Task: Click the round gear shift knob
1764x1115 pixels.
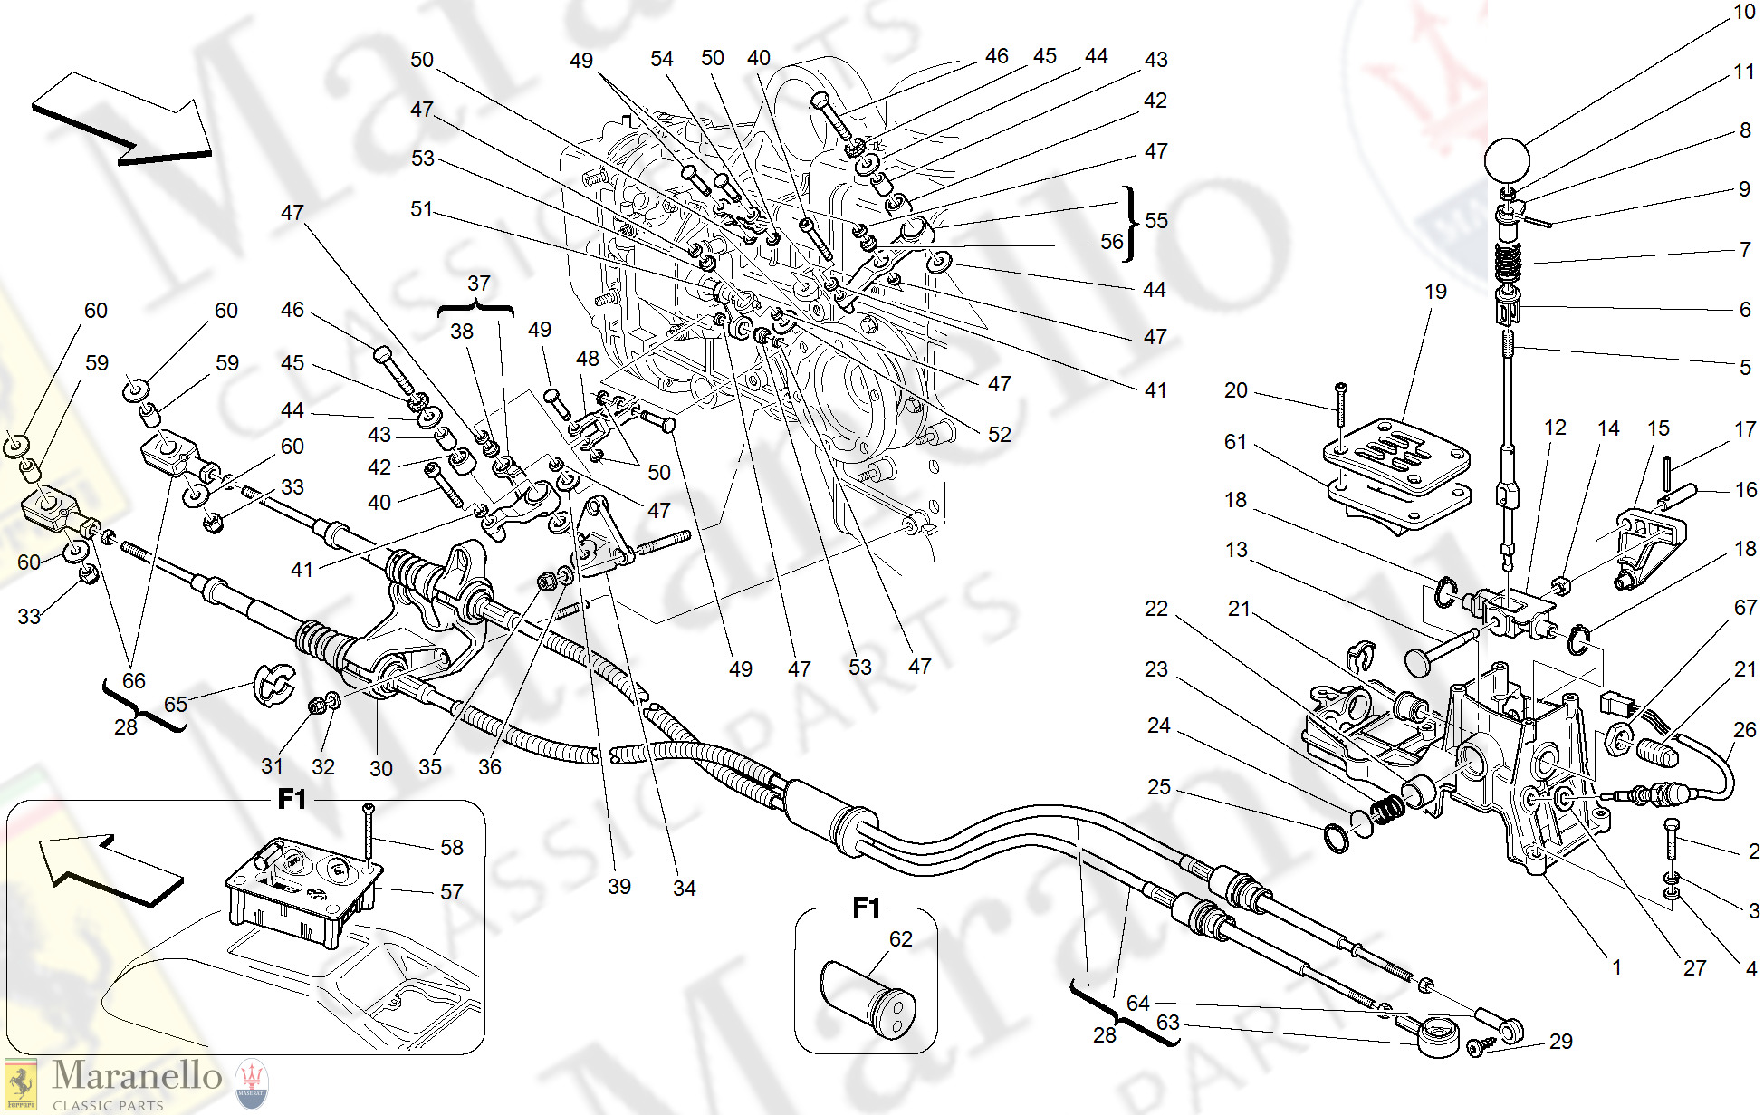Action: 1506,161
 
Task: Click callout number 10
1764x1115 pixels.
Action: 1744,12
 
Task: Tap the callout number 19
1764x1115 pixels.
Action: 1435,292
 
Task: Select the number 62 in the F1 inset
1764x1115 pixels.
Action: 900,939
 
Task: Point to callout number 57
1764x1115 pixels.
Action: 451,892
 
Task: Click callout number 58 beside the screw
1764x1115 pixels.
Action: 451,848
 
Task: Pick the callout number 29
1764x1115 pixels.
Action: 1560,1042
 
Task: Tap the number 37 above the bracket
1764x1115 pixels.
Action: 478,284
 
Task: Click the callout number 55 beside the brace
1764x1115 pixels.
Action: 1156,221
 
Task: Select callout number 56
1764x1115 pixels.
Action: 1111,242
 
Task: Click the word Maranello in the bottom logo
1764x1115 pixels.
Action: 137,1076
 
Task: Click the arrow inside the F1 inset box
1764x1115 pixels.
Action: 109,870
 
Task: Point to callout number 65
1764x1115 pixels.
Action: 175,705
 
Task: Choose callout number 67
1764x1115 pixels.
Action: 1745,608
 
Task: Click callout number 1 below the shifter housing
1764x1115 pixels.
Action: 1616,967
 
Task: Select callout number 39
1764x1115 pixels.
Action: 619,887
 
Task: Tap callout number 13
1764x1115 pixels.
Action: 1236,550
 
